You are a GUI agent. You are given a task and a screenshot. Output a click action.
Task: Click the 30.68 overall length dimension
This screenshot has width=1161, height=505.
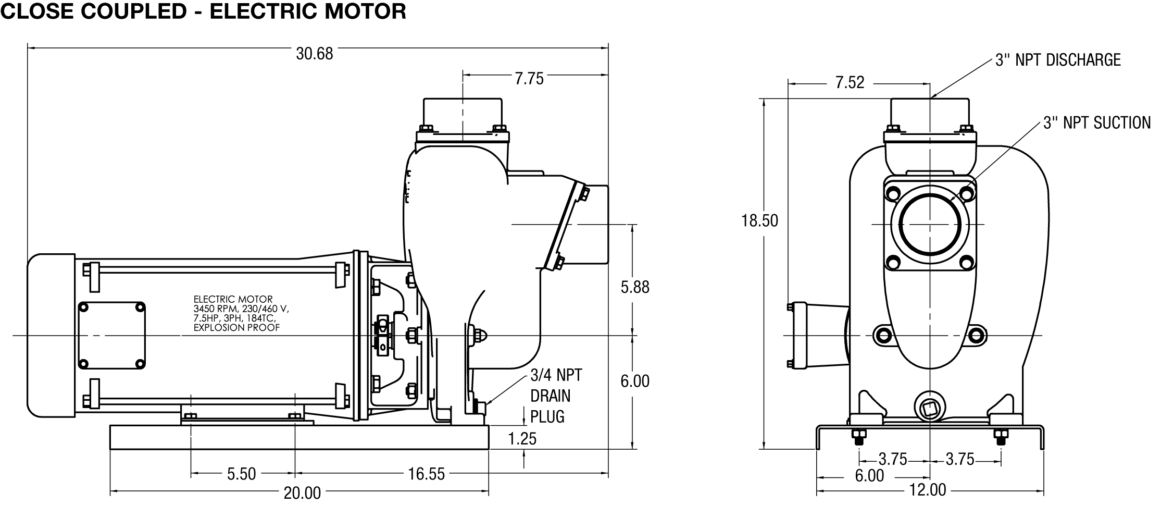(314, 54)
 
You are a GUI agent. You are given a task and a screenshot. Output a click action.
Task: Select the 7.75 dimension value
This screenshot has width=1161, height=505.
(529, 79)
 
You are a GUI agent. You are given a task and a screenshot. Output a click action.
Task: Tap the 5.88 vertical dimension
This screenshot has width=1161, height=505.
(635, 287)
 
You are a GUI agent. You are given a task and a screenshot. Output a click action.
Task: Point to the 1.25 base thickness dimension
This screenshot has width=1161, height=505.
(522, 439)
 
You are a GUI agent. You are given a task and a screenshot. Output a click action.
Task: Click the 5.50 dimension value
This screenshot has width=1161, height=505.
(242, 474)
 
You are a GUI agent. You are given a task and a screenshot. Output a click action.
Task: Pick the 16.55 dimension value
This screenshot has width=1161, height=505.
(427, 474)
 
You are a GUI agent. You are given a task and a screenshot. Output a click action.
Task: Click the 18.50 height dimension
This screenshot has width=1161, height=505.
(760, 221)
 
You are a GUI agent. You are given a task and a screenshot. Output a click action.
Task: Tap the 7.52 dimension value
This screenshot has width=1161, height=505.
(850, 82)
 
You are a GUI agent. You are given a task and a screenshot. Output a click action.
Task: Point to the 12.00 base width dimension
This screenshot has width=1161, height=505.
(927, 490)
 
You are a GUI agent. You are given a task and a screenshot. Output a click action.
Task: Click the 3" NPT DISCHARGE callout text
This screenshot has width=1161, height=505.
(1058, 60)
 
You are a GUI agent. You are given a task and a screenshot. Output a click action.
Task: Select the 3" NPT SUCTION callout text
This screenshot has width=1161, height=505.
(1097, 122)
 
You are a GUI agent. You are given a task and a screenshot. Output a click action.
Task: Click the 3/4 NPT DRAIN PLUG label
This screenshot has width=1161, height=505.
(556, 396)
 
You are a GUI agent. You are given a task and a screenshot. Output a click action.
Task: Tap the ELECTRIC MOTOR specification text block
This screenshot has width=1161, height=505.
(241, 313)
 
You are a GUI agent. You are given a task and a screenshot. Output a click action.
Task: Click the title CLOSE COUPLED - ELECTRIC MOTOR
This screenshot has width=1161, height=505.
(204, 11)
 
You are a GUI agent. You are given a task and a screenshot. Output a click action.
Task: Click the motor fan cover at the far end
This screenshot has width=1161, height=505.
(51, 336)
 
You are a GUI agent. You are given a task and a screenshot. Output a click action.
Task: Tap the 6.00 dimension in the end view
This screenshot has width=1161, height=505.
(869, 476)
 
